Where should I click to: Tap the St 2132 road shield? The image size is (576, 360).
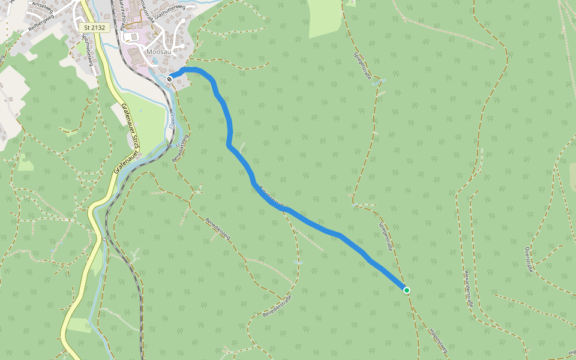94,28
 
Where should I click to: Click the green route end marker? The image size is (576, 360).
406,290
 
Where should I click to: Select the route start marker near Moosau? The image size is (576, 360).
170,79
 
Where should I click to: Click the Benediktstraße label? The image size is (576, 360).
277,307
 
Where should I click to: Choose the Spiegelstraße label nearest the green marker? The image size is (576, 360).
385,236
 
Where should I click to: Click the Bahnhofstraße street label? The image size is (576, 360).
122,13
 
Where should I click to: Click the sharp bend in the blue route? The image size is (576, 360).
229,145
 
